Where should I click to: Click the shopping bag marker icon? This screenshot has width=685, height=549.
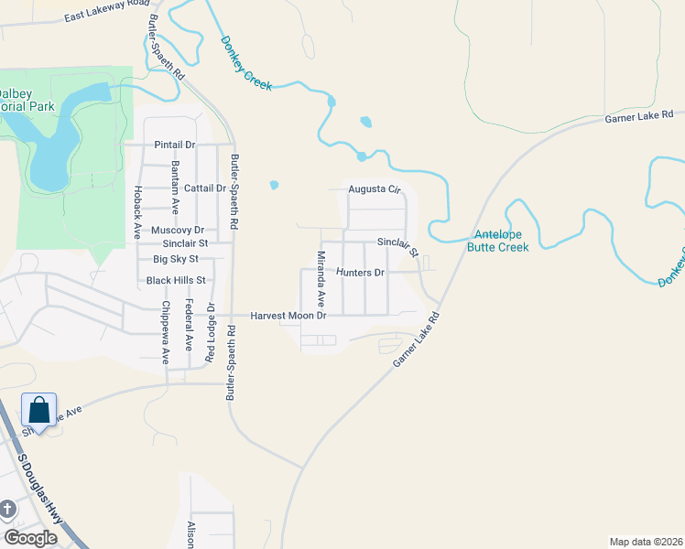point(39,410)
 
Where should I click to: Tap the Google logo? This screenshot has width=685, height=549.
point(30,538)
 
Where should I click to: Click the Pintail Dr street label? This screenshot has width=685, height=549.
point(175,145)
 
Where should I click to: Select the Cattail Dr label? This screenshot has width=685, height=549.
point(205,188)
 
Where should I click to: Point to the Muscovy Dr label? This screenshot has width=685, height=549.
point(177,229)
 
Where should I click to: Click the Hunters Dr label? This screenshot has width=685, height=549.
point(360,273)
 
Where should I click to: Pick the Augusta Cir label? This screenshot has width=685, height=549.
point(375,190)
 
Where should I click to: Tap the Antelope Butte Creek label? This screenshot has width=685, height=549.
point(498,241)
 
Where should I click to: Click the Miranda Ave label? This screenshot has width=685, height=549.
point(321,278)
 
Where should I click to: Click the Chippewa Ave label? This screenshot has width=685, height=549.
point(166,333)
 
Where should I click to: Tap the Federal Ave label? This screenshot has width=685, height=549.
point(190,326)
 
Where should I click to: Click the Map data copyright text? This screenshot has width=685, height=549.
point(645,540)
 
